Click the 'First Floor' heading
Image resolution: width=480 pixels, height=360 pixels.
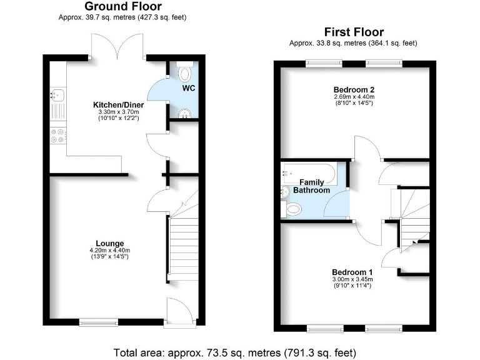click(x=353, y=32)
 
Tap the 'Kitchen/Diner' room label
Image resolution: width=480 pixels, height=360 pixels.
click(x=119, y=104)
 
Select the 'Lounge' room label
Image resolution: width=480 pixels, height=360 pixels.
click(x=109, y=243)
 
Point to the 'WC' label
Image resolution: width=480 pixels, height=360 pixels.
click(x=189, y=88)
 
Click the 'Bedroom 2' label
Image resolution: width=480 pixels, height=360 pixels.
click(x=353, y=89)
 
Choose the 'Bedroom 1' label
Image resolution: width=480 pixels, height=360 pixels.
click(x=352, y=272)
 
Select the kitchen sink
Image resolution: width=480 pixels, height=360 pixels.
click(x=54, y=97)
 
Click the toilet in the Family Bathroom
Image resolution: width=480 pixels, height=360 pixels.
click(x=292, y=208)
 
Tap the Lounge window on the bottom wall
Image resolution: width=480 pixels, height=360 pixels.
click(x=98, y=322)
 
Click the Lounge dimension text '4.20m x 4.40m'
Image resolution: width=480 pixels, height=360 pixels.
click(x=109, y=251)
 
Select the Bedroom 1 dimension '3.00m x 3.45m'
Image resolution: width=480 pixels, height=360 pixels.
click(x=352, y=280)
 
